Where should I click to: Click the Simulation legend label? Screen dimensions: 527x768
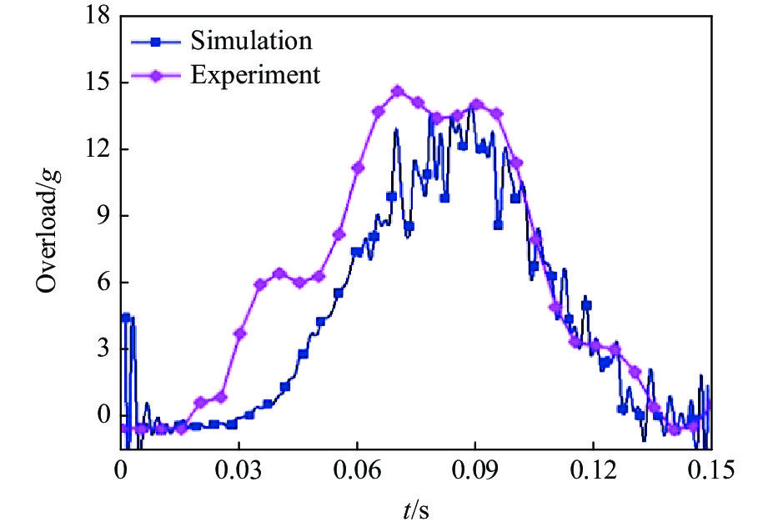pyautogui.click(x=250, y=40)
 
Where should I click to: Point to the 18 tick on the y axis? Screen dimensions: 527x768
pyautogui.click(x=100, y=17)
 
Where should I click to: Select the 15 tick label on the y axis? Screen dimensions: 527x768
pyautogui.click(x=100, y=83)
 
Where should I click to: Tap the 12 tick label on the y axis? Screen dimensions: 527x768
pyautogui.click(x=100, y=150)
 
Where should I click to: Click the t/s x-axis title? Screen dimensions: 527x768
pyautogui.click(x=415, y=508)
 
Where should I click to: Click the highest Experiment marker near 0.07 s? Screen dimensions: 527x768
pyautogui.click(x=398, y=92)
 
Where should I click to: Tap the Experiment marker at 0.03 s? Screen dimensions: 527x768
pyautogui.click(x=240, y=334)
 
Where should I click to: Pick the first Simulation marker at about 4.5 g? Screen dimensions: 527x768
pyautogui.click(x=126, y=318)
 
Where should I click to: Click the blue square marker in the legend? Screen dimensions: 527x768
pyautogui.click(x=155, y=41)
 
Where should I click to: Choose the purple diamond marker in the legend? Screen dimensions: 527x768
pyautogui.click(x=155, y=75)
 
